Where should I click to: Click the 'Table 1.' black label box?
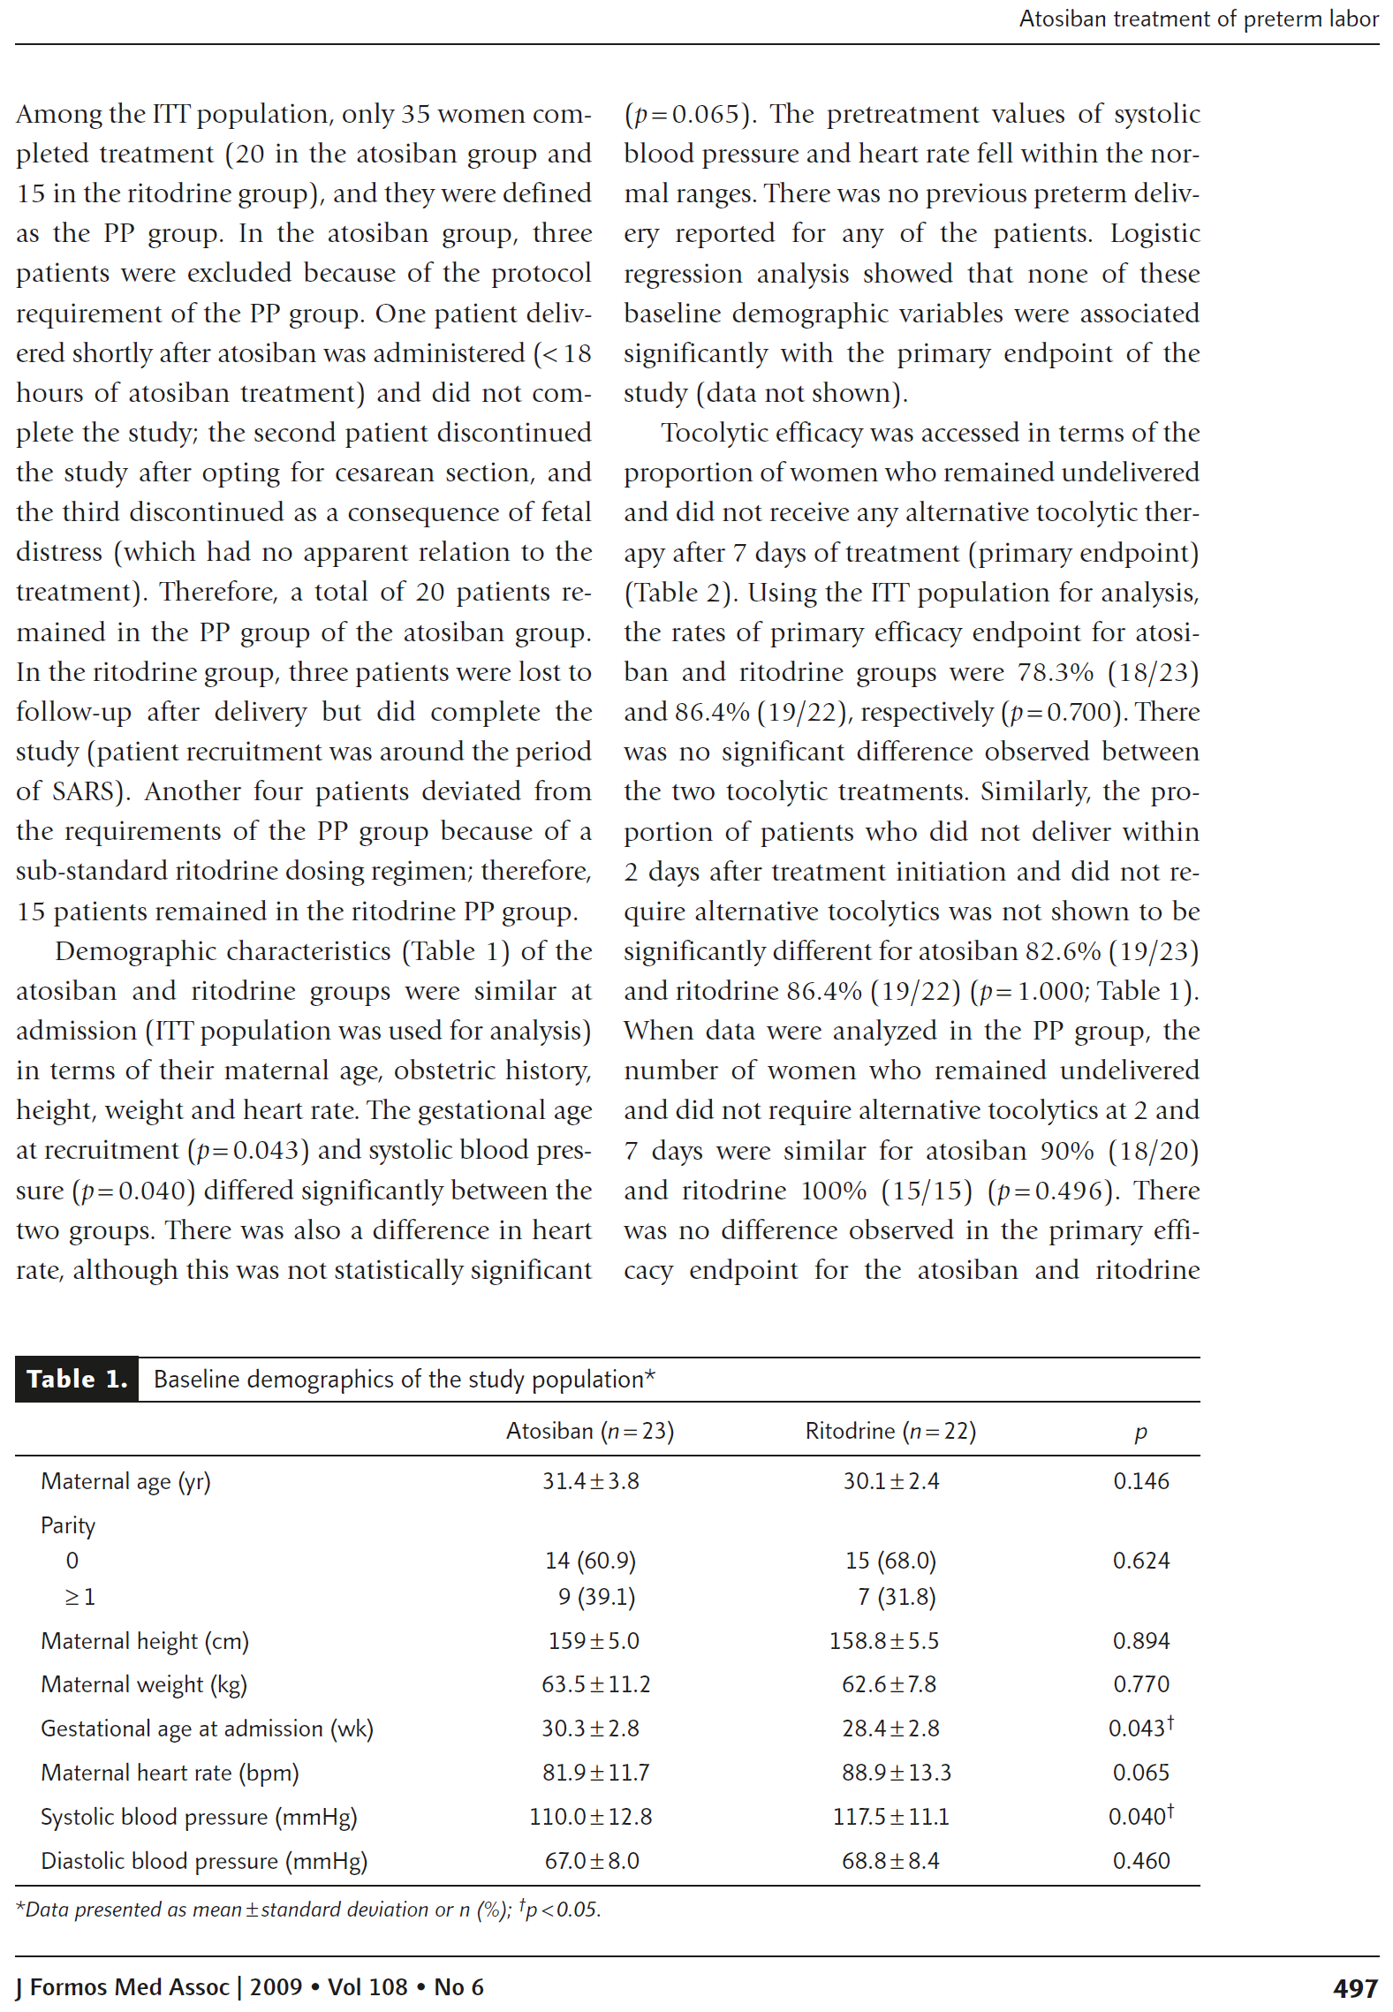point(77,1379)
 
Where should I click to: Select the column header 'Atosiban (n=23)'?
point(589,1431)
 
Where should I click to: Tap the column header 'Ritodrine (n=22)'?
point(890,1431)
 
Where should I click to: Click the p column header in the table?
point(1140,1433)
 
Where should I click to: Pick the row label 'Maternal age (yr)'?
point(125,1481)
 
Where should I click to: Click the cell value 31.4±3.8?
point(590,1481)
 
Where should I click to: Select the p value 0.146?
point(1140,1481)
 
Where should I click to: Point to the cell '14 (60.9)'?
point(590,1561)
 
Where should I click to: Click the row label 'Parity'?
point(68,1525)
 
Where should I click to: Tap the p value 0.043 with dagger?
point(1140,1728)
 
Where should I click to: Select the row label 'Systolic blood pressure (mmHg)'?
point(199,1817)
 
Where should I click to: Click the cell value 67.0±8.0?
point(591,1861)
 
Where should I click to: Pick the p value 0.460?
point(1140,1861)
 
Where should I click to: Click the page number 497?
point(1354,1988)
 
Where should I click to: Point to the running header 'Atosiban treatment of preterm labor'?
point(1198,19)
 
